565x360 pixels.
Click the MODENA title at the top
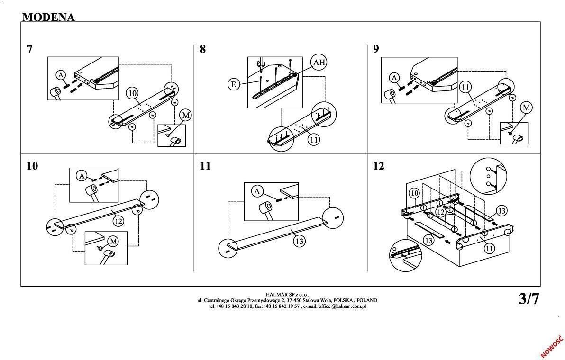(48, 17)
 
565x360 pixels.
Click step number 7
(30, 49)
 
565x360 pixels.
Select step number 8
(203, 49)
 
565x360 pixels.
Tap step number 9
(376, 49)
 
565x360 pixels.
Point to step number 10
(32, 166)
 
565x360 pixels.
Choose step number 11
(205, 166)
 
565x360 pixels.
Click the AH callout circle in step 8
(319, 63)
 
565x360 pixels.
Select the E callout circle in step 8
(233, 84)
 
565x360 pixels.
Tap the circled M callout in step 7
(186, 115)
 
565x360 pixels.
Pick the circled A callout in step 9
(394, 77)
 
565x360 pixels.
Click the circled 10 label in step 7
(132, 93)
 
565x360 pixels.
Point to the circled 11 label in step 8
(313, 139)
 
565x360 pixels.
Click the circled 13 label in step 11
(299, 241)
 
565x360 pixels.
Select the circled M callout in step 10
(113, 241)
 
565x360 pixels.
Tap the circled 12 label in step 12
(441, 212)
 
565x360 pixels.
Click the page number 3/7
(529, 299)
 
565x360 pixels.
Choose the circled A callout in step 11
(256, 191)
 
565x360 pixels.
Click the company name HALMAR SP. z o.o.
(287, 295)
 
